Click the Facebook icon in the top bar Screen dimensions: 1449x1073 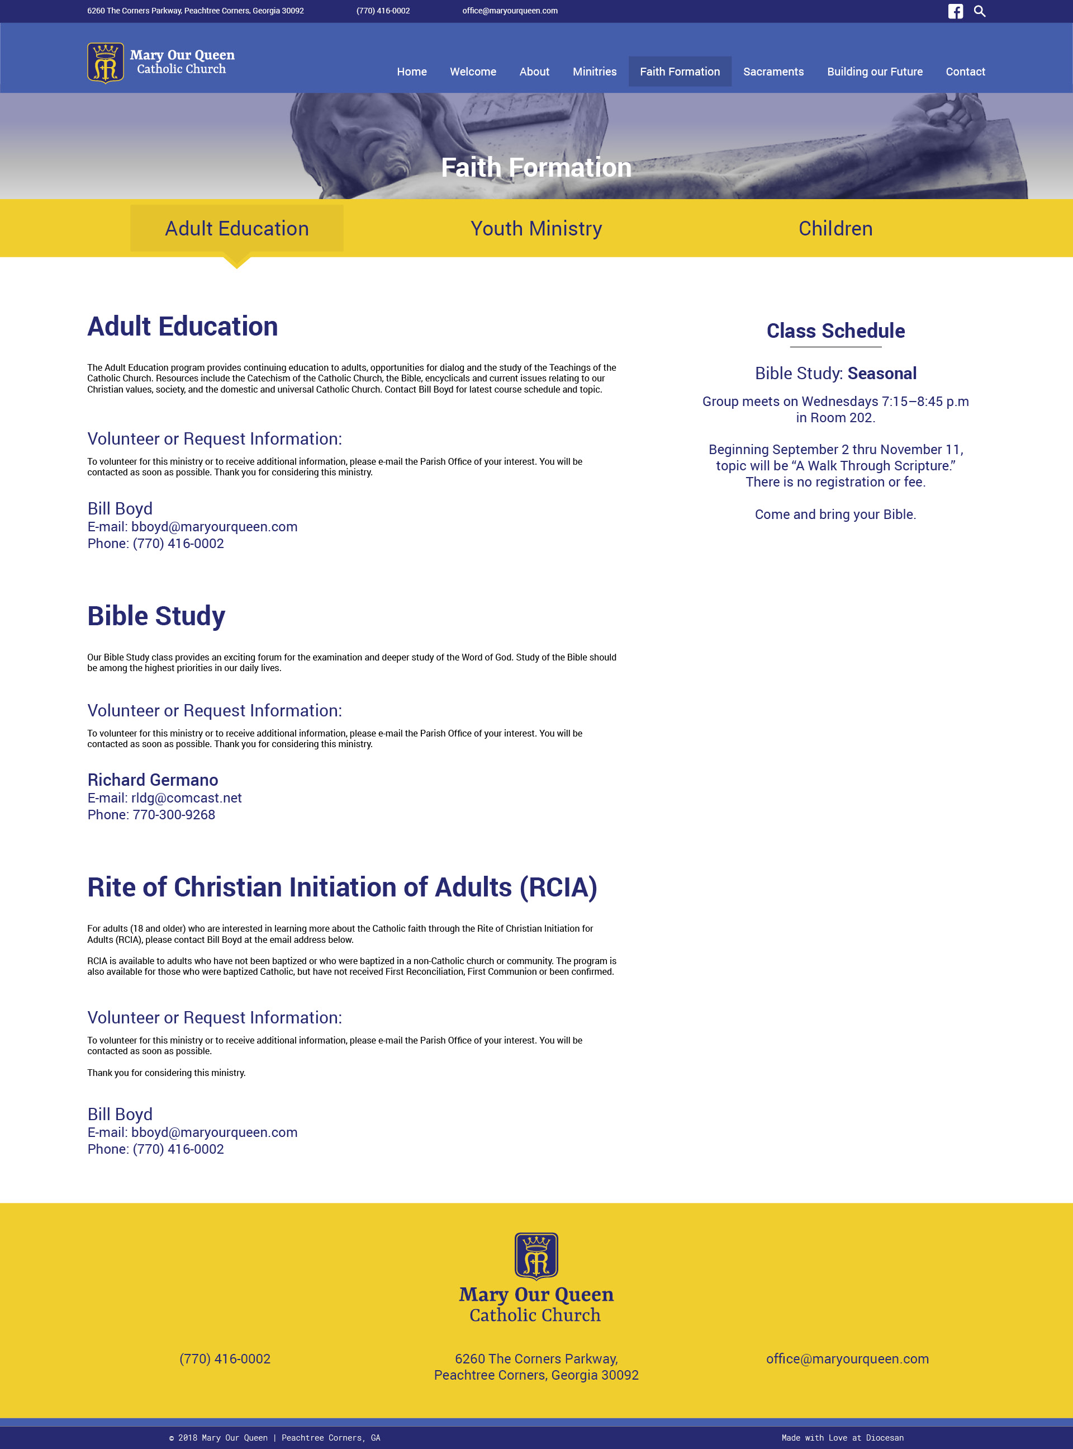[x=955, y=11]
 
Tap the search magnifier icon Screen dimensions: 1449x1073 [x=980, y=11]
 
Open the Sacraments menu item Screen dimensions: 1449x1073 [x=773, y=72]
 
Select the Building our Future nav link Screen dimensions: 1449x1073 [x=874, y=72]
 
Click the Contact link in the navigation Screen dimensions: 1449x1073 [x=965, y=72]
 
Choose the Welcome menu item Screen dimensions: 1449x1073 [x=473, y=72]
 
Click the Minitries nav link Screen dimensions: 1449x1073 [x=594, y=72]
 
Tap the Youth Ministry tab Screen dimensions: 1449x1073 [x=536, y=229]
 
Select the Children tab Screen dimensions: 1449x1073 [x=835, y=229]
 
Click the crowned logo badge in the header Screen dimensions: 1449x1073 [x=105, y=63]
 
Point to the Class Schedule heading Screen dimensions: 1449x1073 [x=835, y=331]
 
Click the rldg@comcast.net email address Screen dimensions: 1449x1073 [x=187, y=798]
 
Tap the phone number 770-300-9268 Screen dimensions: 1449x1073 [x=173, y=815]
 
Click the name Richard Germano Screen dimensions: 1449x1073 [x=153, y=780]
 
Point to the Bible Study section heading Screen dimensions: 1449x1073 [x=156, y=616]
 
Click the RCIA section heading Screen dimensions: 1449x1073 [x=341, y=888]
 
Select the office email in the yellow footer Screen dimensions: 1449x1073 [x=847, y=1358]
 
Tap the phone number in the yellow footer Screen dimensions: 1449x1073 [x=225, y=1358]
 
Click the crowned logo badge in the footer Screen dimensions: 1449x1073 [x=536, y=1256]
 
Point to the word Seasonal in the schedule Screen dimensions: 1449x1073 [x=881, y=374]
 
